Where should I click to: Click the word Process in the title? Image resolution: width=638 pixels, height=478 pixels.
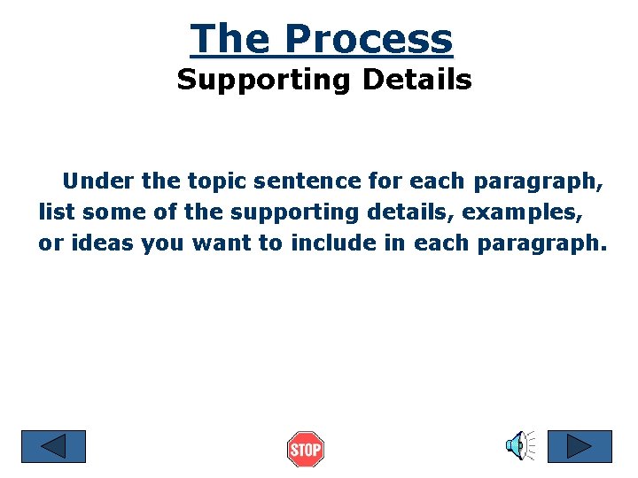click(369, 39)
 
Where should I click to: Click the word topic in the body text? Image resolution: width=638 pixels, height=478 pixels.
click(217, 182)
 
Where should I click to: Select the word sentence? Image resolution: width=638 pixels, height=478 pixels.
click(308, 182)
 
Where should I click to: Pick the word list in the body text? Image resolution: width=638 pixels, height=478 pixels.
click(56, 213)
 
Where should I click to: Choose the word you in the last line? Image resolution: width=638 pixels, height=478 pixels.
click(161, 243)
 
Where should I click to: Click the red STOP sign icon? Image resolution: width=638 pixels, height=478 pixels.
click(306, 450)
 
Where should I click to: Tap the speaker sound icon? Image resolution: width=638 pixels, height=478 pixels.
click(519, 445)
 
